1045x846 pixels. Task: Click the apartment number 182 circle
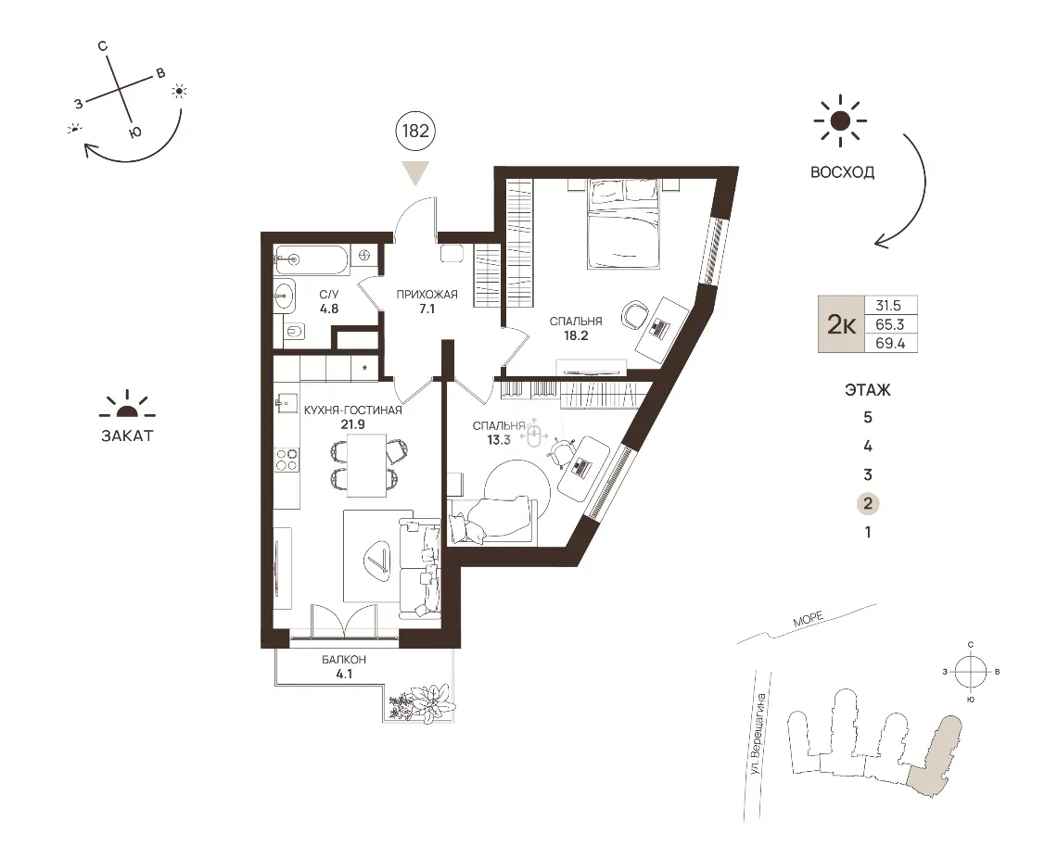[x=415, y=131]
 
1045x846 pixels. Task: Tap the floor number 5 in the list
[x=868, y=418]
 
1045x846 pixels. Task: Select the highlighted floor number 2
[x=868, y=503]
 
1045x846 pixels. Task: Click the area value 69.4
[x=890, y=344]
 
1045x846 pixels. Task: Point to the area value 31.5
[x=888, y=306]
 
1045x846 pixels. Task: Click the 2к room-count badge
[x=841, y=324]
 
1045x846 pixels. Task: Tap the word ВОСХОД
[x=842, y=172]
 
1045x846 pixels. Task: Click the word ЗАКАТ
[x=127, y=436]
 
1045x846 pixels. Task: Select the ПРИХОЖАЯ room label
[x=427, y=294]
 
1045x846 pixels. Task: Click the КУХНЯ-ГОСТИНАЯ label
[x=353, y=410]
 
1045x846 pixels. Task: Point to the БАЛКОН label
[x=344, y=660]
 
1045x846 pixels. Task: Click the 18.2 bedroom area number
[x=576, y=335]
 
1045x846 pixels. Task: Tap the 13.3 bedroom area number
[x=499, y=439]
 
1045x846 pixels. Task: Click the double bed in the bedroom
[x=623, y=224]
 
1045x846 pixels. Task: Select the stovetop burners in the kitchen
[x=287, y=460]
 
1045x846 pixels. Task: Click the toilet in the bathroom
[x=294, y=331]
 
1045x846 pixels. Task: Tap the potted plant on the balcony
[x=423, y=701]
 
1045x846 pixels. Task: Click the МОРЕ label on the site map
[x=809, y=619]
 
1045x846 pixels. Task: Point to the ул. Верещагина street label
[x=758, y=734]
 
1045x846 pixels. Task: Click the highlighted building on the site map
[x=935, y=756]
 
